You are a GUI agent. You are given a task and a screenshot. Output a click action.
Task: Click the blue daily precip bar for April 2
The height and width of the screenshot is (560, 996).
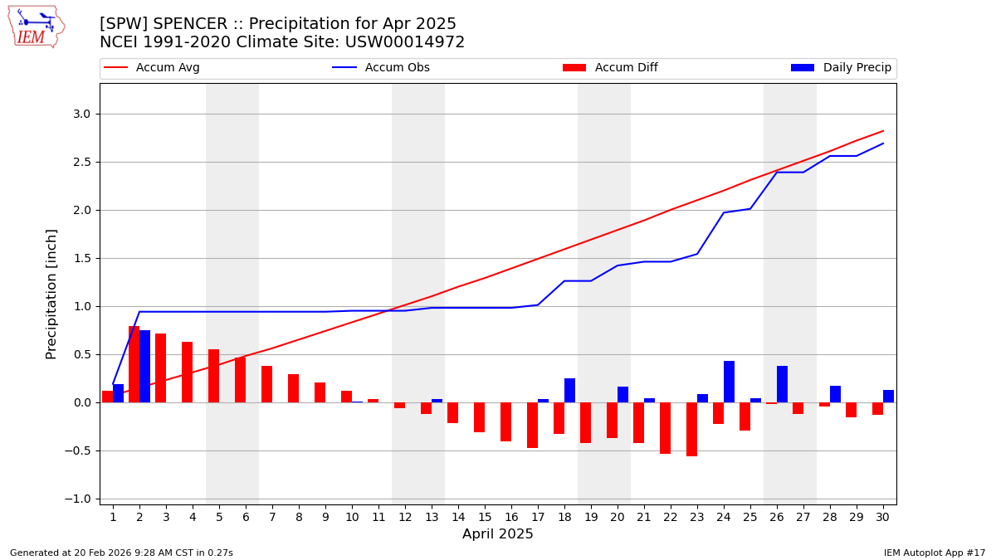click(x=144, y=367)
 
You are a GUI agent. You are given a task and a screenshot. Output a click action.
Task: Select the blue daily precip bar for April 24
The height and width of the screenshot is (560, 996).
click(x=729, y=382)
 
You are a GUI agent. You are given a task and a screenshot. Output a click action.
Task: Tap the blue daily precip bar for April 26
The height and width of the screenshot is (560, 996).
click(x=782, y=384)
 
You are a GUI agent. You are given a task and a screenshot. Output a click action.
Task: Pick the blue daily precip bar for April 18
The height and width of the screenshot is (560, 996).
click(x=569, y=391)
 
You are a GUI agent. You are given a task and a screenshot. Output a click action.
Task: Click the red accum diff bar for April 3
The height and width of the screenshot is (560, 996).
click(x=160, y=368)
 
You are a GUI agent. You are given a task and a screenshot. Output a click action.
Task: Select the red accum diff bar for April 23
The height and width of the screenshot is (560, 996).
click(x=691, y=429)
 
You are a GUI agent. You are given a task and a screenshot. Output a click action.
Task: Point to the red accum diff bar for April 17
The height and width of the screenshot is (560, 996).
click(x=532, y=425)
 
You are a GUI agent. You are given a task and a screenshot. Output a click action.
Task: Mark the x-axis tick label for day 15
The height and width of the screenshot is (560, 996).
click(x=485, y=517)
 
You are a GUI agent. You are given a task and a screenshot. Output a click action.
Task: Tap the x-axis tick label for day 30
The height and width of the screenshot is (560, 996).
click(x=883, y=517)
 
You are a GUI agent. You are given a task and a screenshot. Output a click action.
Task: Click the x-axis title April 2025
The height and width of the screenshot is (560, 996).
click(x=498, y=534)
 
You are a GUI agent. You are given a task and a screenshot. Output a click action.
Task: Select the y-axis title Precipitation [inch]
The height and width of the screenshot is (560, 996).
click(x=51, y=294)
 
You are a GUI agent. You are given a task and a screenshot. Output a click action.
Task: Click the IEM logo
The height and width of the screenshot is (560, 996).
click(x=35, y=27)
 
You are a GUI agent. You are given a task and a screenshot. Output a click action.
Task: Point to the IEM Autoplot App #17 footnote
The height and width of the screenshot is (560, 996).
click(x=935, y=553)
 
